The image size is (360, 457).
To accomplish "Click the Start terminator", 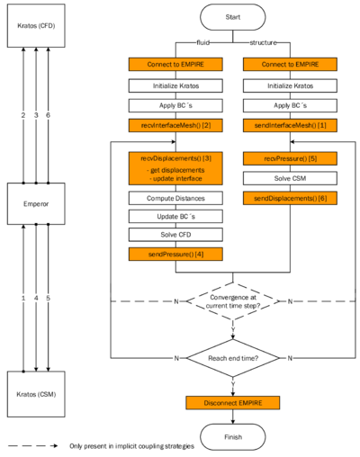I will pos(232,16).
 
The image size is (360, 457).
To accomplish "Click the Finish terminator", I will pos(232,437).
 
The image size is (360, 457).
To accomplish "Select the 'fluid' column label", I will pos(203,42).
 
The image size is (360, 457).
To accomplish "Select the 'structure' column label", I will pos(262,42).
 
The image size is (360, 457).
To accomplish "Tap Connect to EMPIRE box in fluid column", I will pos(175,65).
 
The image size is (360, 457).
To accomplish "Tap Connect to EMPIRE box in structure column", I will pos(290,65).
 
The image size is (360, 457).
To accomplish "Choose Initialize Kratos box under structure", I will pos(290,85).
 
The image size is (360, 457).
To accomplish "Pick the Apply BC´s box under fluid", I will pos(175,105).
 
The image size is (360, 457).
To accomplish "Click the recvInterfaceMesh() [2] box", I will pos(175,124).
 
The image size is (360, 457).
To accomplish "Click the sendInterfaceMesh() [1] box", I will pos(290,124).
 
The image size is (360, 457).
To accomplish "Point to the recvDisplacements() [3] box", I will pos(175,168).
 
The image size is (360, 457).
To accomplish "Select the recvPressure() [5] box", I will pos(290,158).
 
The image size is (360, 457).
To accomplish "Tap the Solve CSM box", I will pos(290,178).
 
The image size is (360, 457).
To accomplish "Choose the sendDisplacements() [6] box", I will pos(290,197).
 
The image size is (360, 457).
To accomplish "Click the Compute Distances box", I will pos(175,198).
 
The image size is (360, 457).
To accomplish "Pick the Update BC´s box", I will pos(175,217).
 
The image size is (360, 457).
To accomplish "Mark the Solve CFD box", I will pos(175,235).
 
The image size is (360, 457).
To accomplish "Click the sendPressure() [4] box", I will pos(175,255).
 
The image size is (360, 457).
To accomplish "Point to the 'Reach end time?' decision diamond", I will pos(232,358).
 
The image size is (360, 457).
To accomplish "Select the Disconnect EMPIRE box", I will pos(232,402).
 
